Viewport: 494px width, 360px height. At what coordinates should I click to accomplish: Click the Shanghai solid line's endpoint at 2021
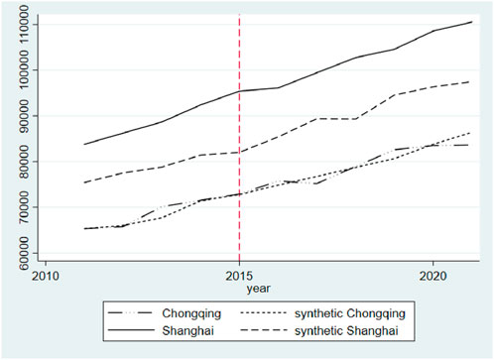(x=471, y=22)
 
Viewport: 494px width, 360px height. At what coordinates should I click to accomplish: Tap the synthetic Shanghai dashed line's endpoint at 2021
(x=471, y=81)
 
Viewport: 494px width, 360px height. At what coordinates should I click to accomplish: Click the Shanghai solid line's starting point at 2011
(x=84, y=144)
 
